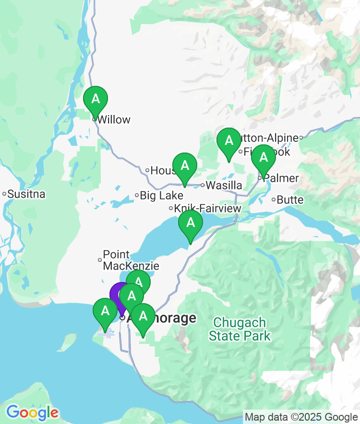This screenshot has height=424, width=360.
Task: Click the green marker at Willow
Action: [96, 99]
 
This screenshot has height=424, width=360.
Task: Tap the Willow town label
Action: [114, 120]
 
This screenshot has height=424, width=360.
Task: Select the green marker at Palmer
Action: [263, 157]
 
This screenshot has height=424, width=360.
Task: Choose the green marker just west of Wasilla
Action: [185, 166]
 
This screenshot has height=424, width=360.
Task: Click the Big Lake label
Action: [162, 196]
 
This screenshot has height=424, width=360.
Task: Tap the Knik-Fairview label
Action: [208, 209]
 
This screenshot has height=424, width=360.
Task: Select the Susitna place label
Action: [26, 194]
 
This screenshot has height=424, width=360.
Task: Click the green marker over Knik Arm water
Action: [191, 223]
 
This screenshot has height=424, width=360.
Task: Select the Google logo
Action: [32, 412]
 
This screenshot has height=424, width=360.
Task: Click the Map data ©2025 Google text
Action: [301, 417]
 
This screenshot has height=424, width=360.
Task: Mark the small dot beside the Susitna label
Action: [4, 194]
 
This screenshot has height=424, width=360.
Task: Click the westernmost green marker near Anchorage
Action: [104, 311]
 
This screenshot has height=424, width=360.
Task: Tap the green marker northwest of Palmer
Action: [229, 141]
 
